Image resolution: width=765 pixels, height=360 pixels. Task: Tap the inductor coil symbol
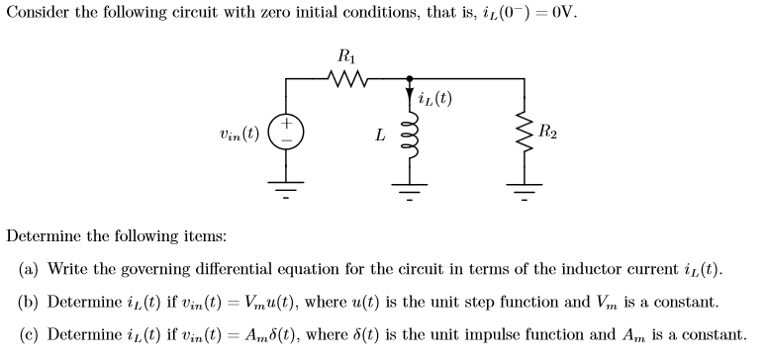click(408, 135)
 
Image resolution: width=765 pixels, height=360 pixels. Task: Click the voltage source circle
click(287, 133)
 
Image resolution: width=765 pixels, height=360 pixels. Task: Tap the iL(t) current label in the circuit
click(435, 98)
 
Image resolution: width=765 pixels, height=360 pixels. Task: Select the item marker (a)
click(31, 270)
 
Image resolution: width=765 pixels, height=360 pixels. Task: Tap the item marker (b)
click(31, 302)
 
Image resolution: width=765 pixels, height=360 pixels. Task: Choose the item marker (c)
click(31, 334)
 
